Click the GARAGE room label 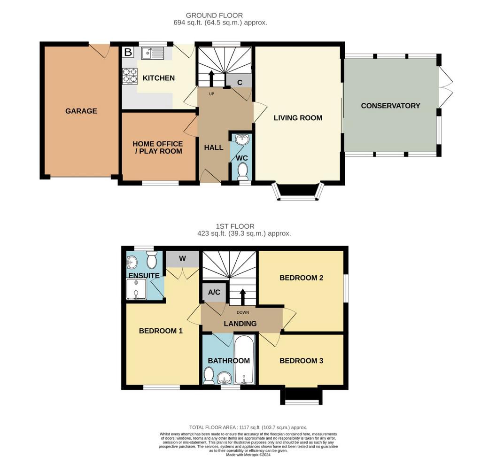(81, 111)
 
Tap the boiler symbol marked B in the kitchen (128, 52)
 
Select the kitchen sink (153, 53)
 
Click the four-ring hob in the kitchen (130, 76)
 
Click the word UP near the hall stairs (211, 94)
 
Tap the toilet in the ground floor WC (243, 171)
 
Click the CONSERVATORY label (390, 106)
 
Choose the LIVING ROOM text (298, 118)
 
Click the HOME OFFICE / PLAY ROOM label (158, 147)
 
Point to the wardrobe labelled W (183, 259)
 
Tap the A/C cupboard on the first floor (214, 292)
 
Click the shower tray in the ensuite (136, 289)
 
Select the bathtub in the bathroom (244, 359)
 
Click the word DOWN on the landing (243, 312)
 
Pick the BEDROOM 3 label (301, 361)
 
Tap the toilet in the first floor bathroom (209, 376)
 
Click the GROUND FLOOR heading (214, 15)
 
